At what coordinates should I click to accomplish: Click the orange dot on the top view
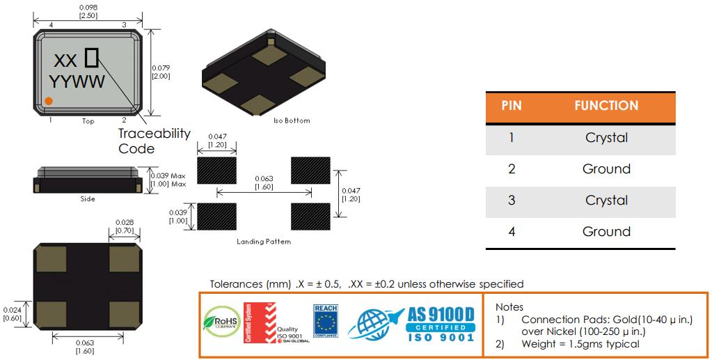coord(49,102)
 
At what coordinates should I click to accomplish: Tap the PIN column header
coord(512,106)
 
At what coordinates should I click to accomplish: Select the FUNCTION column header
coord(606,106)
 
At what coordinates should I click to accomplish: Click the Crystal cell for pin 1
coord(606,138)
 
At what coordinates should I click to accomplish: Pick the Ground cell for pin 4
coord(606,232)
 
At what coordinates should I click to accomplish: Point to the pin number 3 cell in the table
coord(512,201)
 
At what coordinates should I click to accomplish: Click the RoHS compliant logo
coord(220,322)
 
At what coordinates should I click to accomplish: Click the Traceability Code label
coord(153,141)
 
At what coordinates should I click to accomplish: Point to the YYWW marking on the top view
coord(77,82)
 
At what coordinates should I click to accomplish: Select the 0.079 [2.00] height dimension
coord(161,72)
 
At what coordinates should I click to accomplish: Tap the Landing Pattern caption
coord(264,242)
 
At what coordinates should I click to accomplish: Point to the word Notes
coord(509,306)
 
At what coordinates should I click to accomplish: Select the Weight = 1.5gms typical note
coord(580,344)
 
